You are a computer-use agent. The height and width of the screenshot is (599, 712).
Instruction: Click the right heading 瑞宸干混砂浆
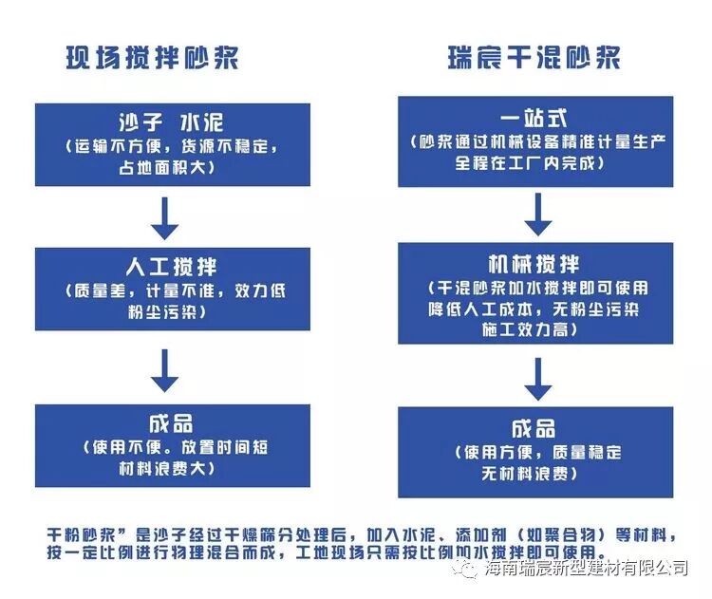pyautogui.click(x=534, y=57)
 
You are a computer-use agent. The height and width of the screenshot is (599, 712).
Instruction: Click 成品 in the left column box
pyautogui.click(x=172, y=423)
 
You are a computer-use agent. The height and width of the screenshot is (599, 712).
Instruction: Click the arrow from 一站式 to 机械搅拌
pyautogui.click(x=538, y=214)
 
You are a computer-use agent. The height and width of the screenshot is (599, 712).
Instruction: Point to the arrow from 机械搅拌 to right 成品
pyautogui.click(x=538, y=376)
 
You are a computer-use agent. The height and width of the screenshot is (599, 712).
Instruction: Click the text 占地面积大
pyautogui.click(x=172, y=167)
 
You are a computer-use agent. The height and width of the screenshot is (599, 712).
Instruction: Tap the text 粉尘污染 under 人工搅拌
pyautogui.click(x=172, y=310)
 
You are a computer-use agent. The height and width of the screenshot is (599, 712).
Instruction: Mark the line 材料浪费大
pyautogui.click(x=172, y=469)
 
